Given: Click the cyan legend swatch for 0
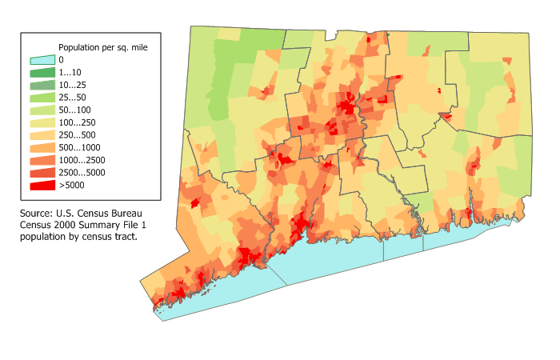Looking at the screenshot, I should pyautogui.click(x=42, y=60).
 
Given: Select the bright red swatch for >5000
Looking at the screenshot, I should pyautogui.click(x=42, y=186).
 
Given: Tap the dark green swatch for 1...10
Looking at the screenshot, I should pyautogui.click(x=42, y=73).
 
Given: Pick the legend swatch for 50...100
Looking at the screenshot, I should pyautogui.click(x=42, y=110).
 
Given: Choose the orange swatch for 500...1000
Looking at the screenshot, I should pyautogui.click(x=42, y=148).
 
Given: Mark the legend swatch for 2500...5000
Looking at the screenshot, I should pyautogui.click(x=42, y=173).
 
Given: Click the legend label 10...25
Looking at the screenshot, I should pyautogui.click(x=72, y=85).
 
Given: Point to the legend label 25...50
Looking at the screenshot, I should pyautogui.click(x=72, y=98).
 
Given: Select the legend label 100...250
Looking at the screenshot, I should pyautogui.click(x=77, y=122).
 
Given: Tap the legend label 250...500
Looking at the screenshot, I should pyautogui.click(x=77, y=135).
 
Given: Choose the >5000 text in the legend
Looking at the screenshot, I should pyautogui.click(x=71, y=186).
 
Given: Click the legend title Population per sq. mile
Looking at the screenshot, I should pyautogui.click(x=102, y=47).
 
